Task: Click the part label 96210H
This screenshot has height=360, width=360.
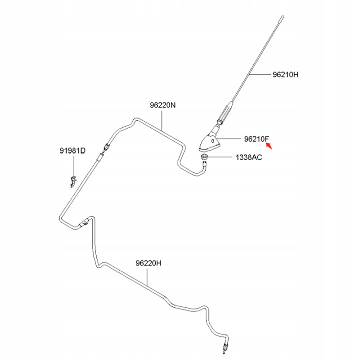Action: tap(286, 75)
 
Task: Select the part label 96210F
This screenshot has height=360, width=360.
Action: tap(256, 139)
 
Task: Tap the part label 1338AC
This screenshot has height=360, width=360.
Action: tap(249, 157)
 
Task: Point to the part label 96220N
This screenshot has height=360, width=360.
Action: tap(163, 105)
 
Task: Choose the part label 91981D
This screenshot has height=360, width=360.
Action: tap(72, 151)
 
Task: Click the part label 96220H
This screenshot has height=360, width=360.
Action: tap(148, 263)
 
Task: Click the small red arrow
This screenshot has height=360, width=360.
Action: tap(269, 146)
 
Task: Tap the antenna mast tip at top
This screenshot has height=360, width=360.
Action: tap(283, 17)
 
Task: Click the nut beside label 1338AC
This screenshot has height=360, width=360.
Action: tap(204, 157)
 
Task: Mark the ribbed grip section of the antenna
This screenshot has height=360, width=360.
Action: tap(225, 114)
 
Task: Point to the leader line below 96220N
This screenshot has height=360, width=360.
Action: tap(162, 121)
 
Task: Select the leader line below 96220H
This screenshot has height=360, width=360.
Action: tap(148, 278)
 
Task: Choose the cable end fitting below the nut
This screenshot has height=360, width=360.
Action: tap(204, 165)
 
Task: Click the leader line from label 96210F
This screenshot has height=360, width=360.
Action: tap(229, 139)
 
